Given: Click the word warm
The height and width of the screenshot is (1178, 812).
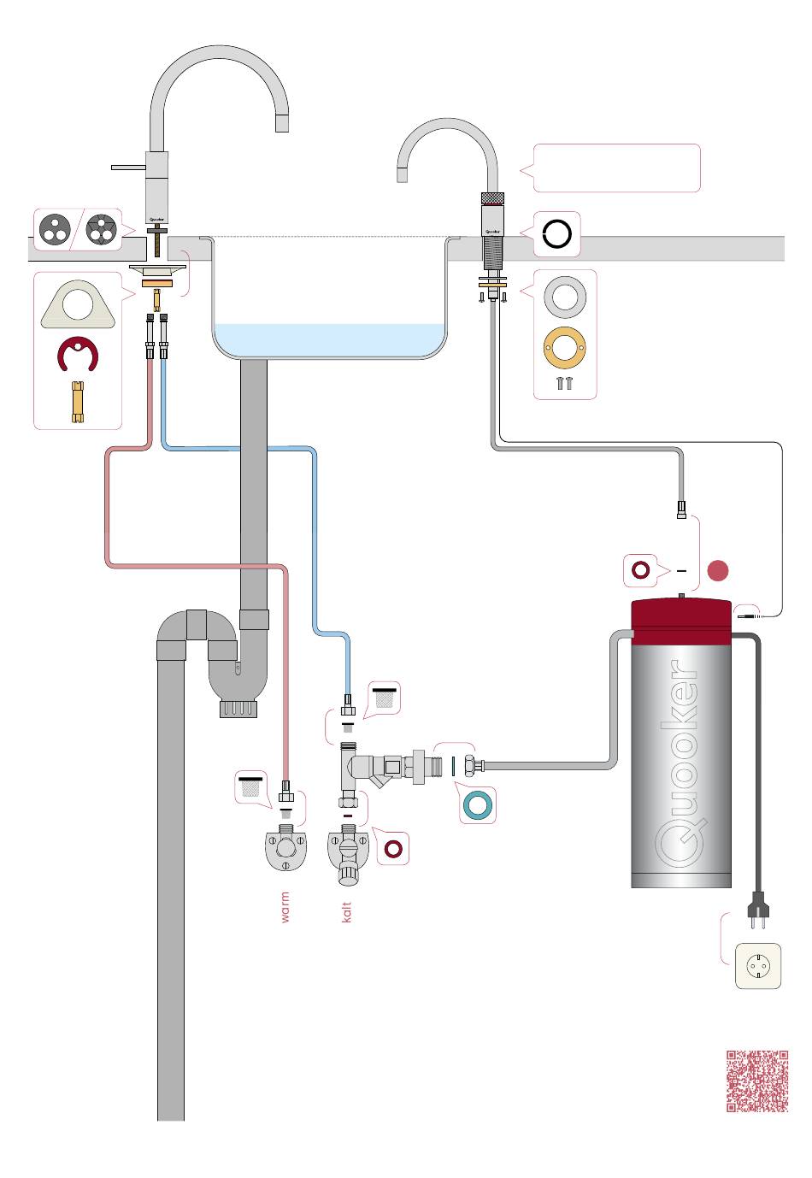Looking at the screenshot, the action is [285, 907].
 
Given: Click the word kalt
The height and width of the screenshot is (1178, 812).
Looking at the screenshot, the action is [346, 911].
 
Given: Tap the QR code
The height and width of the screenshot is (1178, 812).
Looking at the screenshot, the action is [756, 1081].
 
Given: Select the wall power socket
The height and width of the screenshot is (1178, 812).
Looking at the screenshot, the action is [757, 965].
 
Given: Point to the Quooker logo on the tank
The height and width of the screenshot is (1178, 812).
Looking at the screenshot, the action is [680, 763].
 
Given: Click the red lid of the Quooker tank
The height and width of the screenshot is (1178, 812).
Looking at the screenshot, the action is [680, 621].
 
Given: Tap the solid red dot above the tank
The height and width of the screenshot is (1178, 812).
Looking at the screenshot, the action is [717, 570].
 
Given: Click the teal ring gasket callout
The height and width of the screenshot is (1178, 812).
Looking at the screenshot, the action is [478, 804].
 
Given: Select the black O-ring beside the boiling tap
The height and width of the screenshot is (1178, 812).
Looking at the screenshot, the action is [556, 233].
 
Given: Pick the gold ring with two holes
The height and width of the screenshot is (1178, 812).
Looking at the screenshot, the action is [564, 348].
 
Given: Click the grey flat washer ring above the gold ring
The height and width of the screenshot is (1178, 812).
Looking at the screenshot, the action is [565, 297].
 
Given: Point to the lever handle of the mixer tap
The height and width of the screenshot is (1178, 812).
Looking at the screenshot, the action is [128, 168].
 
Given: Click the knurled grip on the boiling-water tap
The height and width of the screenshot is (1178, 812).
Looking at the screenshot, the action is [492, 198].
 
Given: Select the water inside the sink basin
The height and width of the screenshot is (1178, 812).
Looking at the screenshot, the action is [330, 339].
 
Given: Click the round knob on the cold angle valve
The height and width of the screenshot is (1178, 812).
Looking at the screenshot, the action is [346, 874].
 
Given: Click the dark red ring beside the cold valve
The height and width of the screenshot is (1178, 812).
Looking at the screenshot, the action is [393, 848].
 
